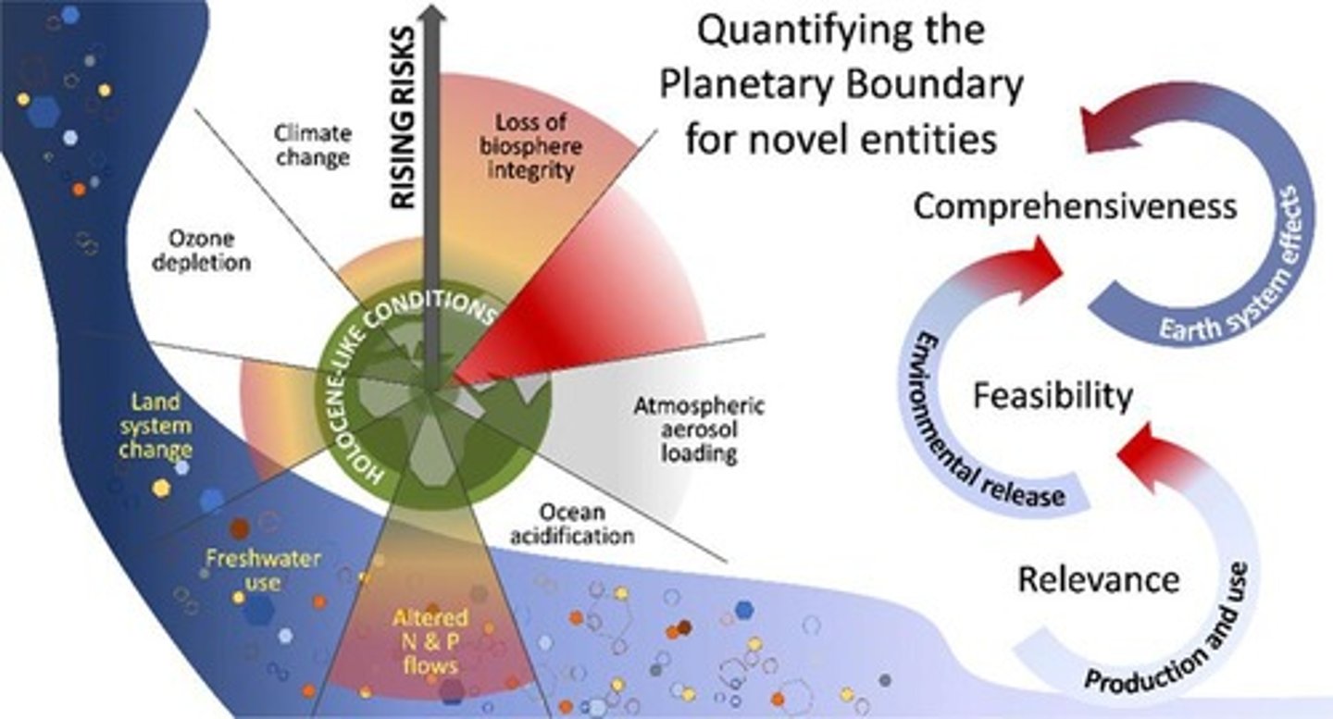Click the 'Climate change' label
(x=312, y=144)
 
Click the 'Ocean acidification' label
(x=574, y=524)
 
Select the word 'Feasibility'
(x=1053, y=396)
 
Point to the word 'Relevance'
(x=1099, y=580)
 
